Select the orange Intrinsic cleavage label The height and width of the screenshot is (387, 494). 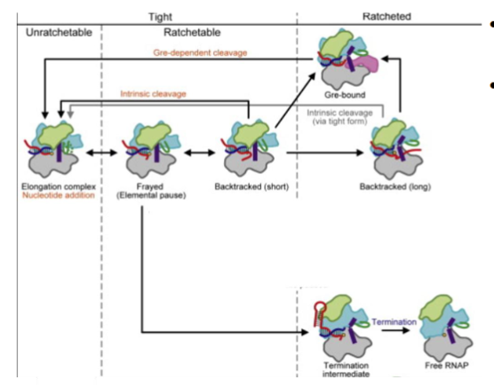coord(159,94)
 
